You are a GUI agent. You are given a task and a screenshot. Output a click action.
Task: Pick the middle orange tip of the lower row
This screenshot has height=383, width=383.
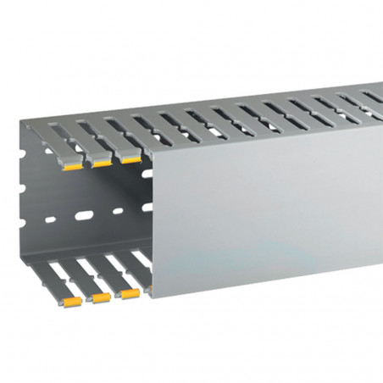coord(101,298)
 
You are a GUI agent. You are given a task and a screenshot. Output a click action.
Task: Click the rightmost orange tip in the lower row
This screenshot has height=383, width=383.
coord(130,294)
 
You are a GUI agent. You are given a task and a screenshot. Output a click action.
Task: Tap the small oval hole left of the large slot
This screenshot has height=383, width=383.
coord(50,220)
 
